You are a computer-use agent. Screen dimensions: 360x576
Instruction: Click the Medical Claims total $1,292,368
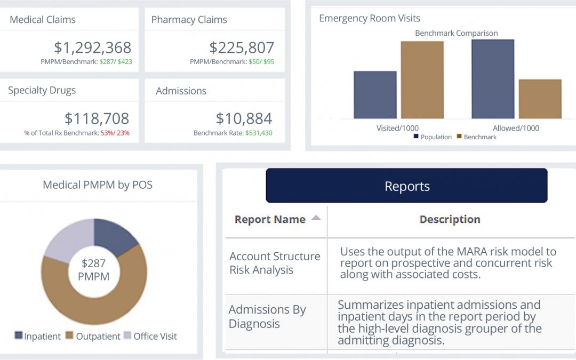92,47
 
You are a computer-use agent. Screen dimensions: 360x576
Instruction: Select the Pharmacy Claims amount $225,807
241,47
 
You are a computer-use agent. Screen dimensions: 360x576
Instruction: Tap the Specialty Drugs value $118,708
97,118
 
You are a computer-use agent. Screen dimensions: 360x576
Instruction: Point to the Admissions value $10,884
244,118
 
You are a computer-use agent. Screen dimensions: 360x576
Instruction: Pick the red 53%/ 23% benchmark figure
115,133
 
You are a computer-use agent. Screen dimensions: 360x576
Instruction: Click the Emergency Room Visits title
370,19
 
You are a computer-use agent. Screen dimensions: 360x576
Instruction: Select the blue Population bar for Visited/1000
375,94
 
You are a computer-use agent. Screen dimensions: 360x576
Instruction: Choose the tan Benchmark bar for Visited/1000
422,79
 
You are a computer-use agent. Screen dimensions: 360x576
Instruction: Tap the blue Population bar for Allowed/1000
492,78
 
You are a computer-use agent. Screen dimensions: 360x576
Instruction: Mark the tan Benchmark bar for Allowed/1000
540,99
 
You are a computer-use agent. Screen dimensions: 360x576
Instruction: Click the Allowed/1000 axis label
516,128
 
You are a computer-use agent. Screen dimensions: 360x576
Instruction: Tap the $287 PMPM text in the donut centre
93,269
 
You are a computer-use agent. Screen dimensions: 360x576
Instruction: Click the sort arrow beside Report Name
316,218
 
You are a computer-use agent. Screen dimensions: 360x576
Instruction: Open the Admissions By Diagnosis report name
267,316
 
